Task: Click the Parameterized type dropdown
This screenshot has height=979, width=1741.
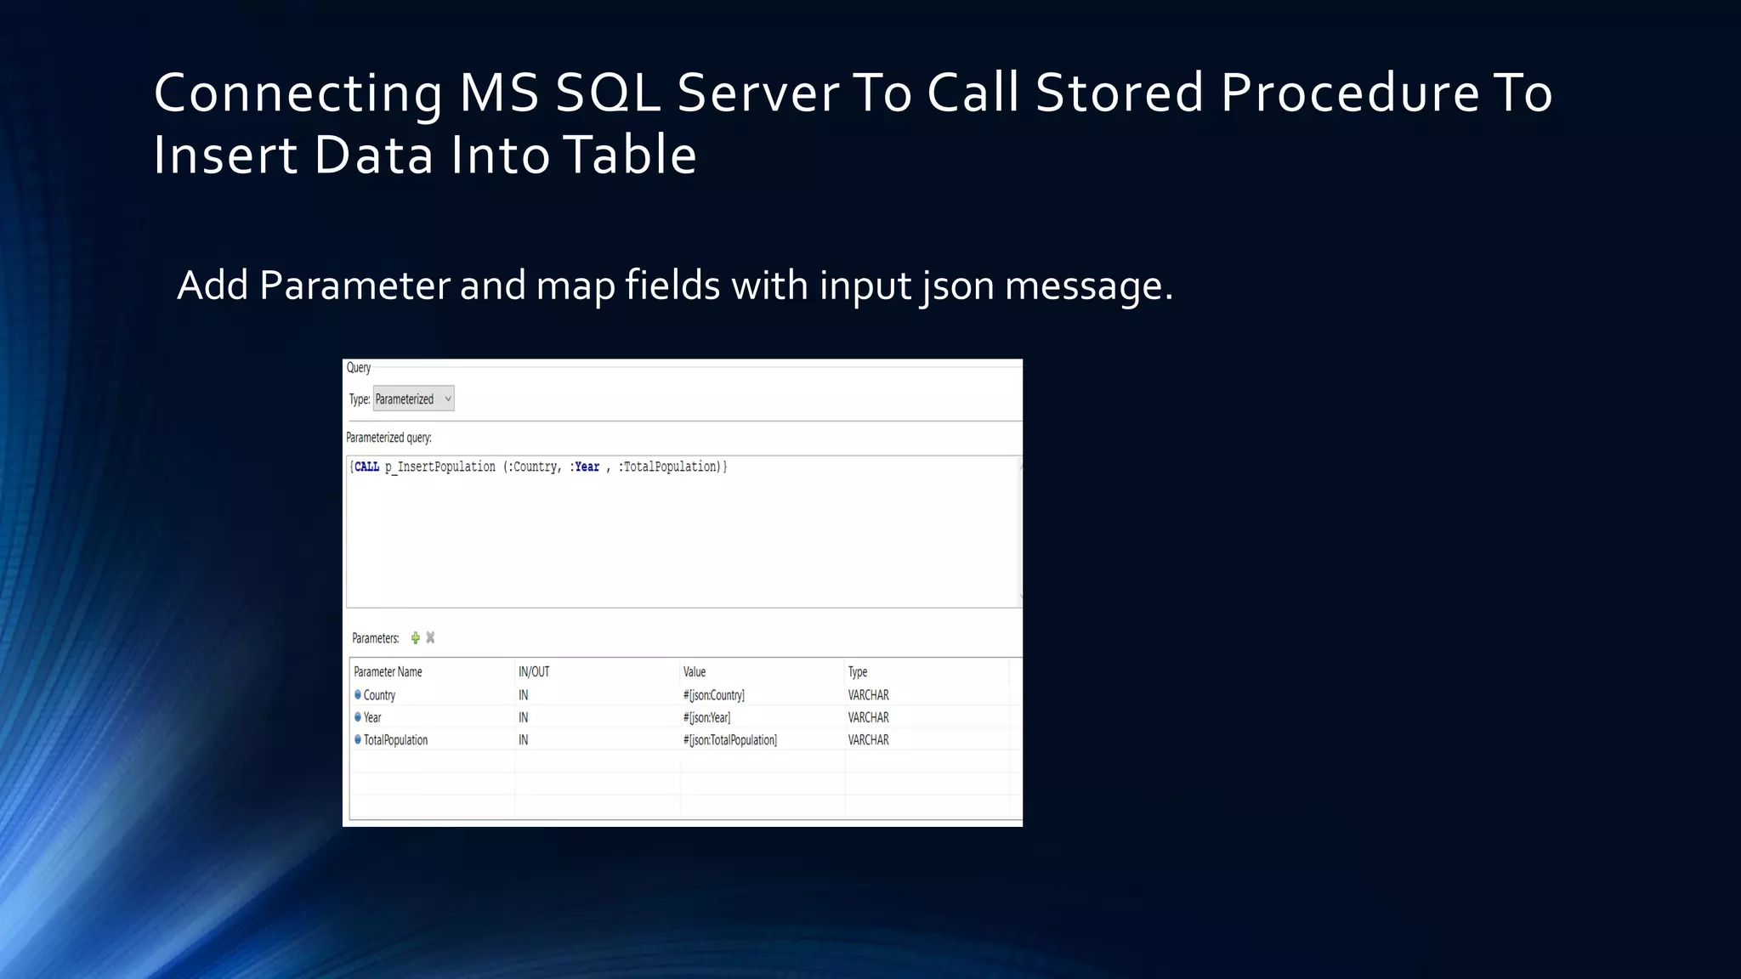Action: pyautogui.click(x=413, y=399)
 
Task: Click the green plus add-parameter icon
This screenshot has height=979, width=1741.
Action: pyautogui.click(x=416, y=637)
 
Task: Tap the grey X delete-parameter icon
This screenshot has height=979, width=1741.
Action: pyautogui.click(x=430, y=637)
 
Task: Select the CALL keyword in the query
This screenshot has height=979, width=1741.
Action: pyautogui.click(x=366, y=467)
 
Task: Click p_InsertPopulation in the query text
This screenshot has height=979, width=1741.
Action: pyautogui.click(x=440, y=467)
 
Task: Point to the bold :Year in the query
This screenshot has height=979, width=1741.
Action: pyautogui.click(x=586, y=467)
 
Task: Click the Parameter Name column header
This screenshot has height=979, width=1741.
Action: pyautogui.click(x=388, y=671)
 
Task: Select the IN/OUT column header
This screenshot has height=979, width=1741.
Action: pyautogui.click(x=534, y=671)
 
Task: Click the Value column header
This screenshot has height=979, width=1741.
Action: pyautogui.click(x=695, y=671)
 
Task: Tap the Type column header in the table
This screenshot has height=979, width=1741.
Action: pyautogui.click(x=858, y=671)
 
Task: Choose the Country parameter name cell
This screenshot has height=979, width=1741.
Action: pyautogui.click(x=379, y=695)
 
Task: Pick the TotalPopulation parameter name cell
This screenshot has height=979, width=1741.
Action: pyautogui.click(x=395, y=740)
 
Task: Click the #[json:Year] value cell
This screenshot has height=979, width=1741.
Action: pyautogui.click(x=706, y=717)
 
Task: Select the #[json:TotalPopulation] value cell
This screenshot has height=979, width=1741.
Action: pyautogui.click(x=730, y=740)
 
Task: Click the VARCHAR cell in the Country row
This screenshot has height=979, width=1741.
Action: pyautogui.click(x=868, y=695)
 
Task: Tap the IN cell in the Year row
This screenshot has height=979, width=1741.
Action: pyautogui.click(x=524, y=717)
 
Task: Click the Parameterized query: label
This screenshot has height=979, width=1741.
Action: pyautogui.click(x=388, y=438)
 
